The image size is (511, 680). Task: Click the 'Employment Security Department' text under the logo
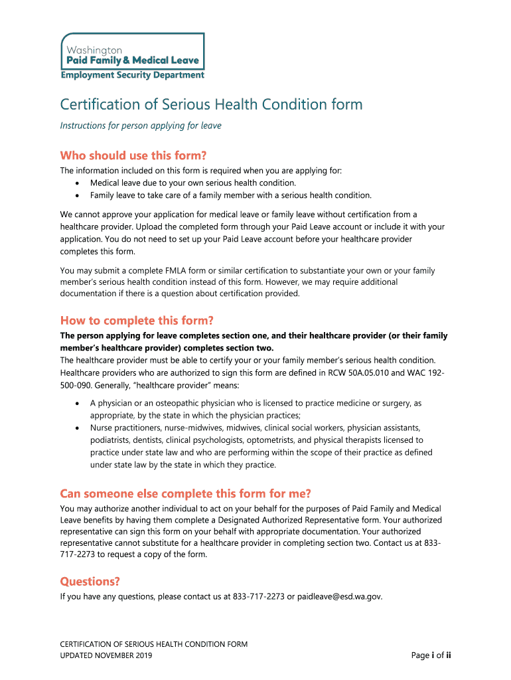(133, 75)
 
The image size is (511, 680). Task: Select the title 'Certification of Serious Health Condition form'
(211, 105)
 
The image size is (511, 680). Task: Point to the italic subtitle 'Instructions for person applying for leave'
(141, 126)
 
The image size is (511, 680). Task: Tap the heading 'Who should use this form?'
(133, 156)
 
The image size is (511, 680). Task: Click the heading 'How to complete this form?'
(137, 320)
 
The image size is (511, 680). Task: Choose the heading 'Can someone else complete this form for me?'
(185, 493)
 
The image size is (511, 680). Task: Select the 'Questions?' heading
(90, 582)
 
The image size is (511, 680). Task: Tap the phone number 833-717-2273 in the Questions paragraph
(259, 597)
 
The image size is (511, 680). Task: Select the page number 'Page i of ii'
(431, 656)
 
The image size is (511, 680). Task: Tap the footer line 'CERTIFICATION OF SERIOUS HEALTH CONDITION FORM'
(154, 644)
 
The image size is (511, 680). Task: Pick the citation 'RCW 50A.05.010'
(350, 373)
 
